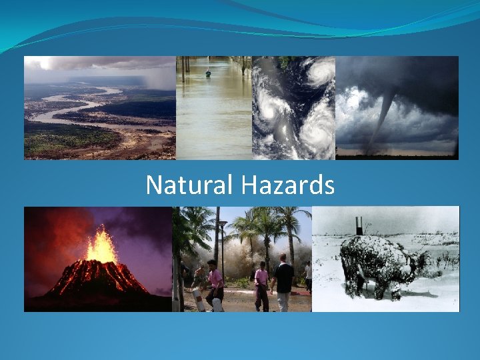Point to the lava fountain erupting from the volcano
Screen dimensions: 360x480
(101, 245)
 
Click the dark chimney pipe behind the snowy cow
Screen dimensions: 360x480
(359, 225)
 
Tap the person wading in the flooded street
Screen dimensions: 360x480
(208, 73)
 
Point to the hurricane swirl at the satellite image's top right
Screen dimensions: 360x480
(319, 71)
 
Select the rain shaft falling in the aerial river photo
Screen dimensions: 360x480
(160, 77)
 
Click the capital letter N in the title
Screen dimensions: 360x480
(153, 185)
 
